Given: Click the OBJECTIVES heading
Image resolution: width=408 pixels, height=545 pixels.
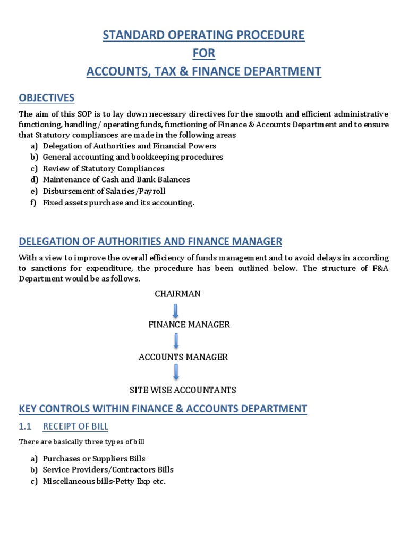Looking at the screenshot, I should [x=47, y=98].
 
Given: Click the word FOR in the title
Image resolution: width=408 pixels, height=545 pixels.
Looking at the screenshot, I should [x=204, y=53].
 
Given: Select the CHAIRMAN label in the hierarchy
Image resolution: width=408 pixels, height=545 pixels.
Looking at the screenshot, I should [x=177, y=294].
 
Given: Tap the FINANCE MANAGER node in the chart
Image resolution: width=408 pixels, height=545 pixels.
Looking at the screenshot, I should [x=189, y=324].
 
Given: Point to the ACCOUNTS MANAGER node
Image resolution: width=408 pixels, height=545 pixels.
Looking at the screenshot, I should [x=183, y=357].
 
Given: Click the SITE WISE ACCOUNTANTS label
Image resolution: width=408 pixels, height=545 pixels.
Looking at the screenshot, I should [x=183, y=390].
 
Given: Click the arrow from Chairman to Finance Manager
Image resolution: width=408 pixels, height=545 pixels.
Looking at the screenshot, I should [x=176, y=310].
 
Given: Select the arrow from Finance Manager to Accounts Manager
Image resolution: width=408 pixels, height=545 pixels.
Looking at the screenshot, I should [x=176, y=341].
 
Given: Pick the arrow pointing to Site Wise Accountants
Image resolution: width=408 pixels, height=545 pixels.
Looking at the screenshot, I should [x=176, y=372].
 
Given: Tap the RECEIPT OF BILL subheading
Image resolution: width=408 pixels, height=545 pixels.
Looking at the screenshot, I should [x=75, y=426].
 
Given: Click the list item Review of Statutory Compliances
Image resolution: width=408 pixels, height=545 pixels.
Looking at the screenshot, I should [x=104, y=168].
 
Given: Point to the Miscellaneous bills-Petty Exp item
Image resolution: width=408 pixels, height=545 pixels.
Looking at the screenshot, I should [x=104, y=481].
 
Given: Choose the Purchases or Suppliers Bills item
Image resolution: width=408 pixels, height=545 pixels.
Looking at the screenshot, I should [x=94, y=458].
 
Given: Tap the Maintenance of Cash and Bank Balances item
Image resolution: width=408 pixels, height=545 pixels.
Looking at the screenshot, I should [x=116, y=180].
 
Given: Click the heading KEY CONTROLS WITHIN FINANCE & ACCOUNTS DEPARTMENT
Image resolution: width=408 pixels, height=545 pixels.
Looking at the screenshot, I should [x=163, y=409].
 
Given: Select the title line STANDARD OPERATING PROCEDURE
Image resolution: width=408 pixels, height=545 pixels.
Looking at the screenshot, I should [x=204, y=36].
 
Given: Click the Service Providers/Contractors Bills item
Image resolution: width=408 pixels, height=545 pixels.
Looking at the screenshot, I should [x=108, y=470].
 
